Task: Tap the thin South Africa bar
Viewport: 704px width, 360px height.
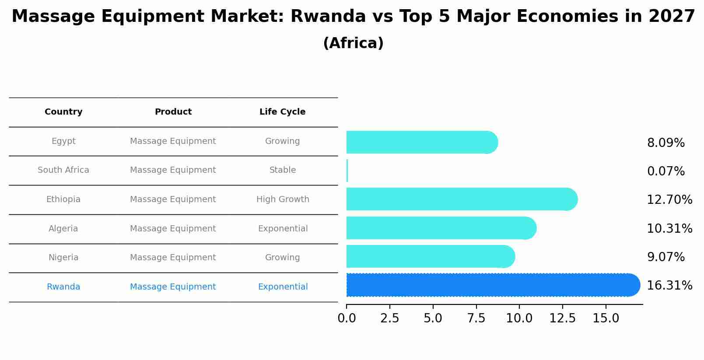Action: point(347,171)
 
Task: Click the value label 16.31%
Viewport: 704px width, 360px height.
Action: point(669,286)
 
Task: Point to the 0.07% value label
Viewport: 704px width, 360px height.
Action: point(665,171)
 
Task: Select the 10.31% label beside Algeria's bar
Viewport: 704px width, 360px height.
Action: point(669,229)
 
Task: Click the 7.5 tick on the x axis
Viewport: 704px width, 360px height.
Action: point(476,318)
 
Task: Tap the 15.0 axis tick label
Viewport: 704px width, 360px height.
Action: point(606,318)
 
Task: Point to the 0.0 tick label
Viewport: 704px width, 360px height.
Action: point(347,318)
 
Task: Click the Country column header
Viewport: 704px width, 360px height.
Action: point(63,112)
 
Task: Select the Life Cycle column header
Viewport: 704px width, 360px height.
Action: point(282,112)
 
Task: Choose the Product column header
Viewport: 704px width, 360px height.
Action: point(173,112)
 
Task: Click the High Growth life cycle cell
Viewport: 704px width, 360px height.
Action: point(283,199)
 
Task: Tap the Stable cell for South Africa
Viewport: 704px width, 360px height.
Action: point(283,170)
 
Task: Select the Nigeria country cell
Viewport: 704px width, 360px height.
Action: point(63,258)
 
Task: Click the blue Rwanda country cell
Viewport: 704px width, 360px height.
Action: point(63,287)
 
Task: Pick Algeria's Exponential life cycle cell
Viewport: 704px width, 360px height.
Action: point(283,229)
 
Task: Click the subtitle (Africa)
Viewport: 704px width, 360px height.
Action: point(353,43)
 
